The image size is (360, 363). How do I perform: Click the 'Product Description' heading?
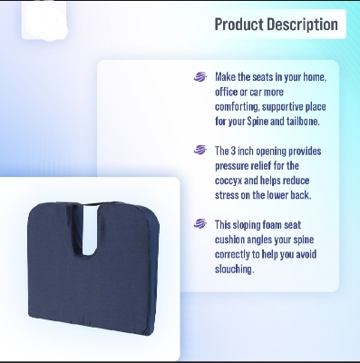click(277, 25)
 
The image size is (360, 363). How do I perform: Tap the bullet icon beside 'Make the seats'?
click(200, 77)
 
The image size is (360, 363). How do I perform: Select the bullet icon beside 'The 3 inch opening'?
click(200, 150)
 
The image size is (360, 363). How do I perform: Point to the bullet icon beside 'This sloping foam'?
click(200, 222)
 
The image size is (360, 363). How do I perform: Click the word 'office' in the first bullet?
click(230, 91)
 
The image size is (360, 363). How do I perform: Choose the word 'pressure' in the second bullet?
click(235, 163)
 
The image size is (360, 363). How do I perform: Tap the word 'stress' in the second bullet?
click(232, 192)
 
